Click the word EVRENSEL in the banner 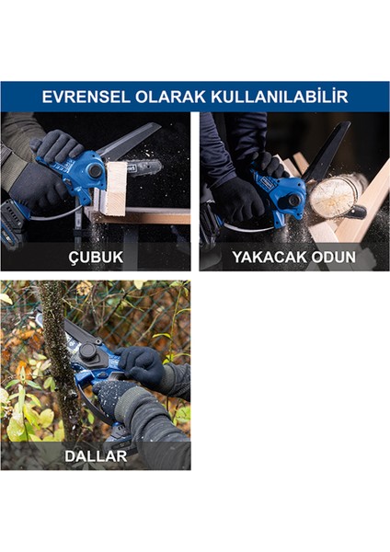pyautogui.click(x=83, y=97)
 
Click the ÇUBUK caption pyautogui.click(x=95, y=257)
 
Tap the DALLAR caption pyautogui.click(x=96, y=454)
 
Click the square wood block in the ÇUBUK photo pyautogui.click(x=115, y=188)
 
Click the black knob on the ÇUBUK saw pyautogui.click(x=95, y=171)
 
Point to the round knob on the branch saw pyautogui.click(x=88, y=351)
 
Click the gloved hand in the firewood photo pyautogui.click(x=241, y=195)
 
